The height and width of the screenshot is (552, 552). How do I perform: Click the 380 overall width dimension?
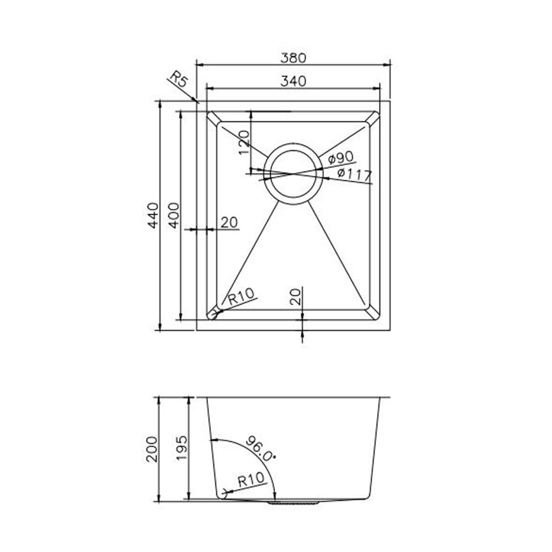coord(293,57)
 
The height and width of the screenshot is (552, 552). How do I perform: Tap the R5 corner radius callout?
coord(178,81)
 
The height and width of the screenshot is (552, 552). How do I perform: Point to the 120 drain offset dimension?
coord(244,142)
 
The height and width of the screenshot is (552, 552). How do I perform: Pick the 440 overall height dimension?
coord(153,216)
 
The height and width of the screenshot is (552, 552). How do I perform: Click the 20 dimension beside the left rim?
coord(229,222)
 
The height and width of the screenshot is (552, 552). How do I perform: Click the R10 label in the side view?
coord(250,481)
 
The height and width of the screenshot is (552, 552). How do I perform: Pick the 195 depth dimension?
coord(182,449)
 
